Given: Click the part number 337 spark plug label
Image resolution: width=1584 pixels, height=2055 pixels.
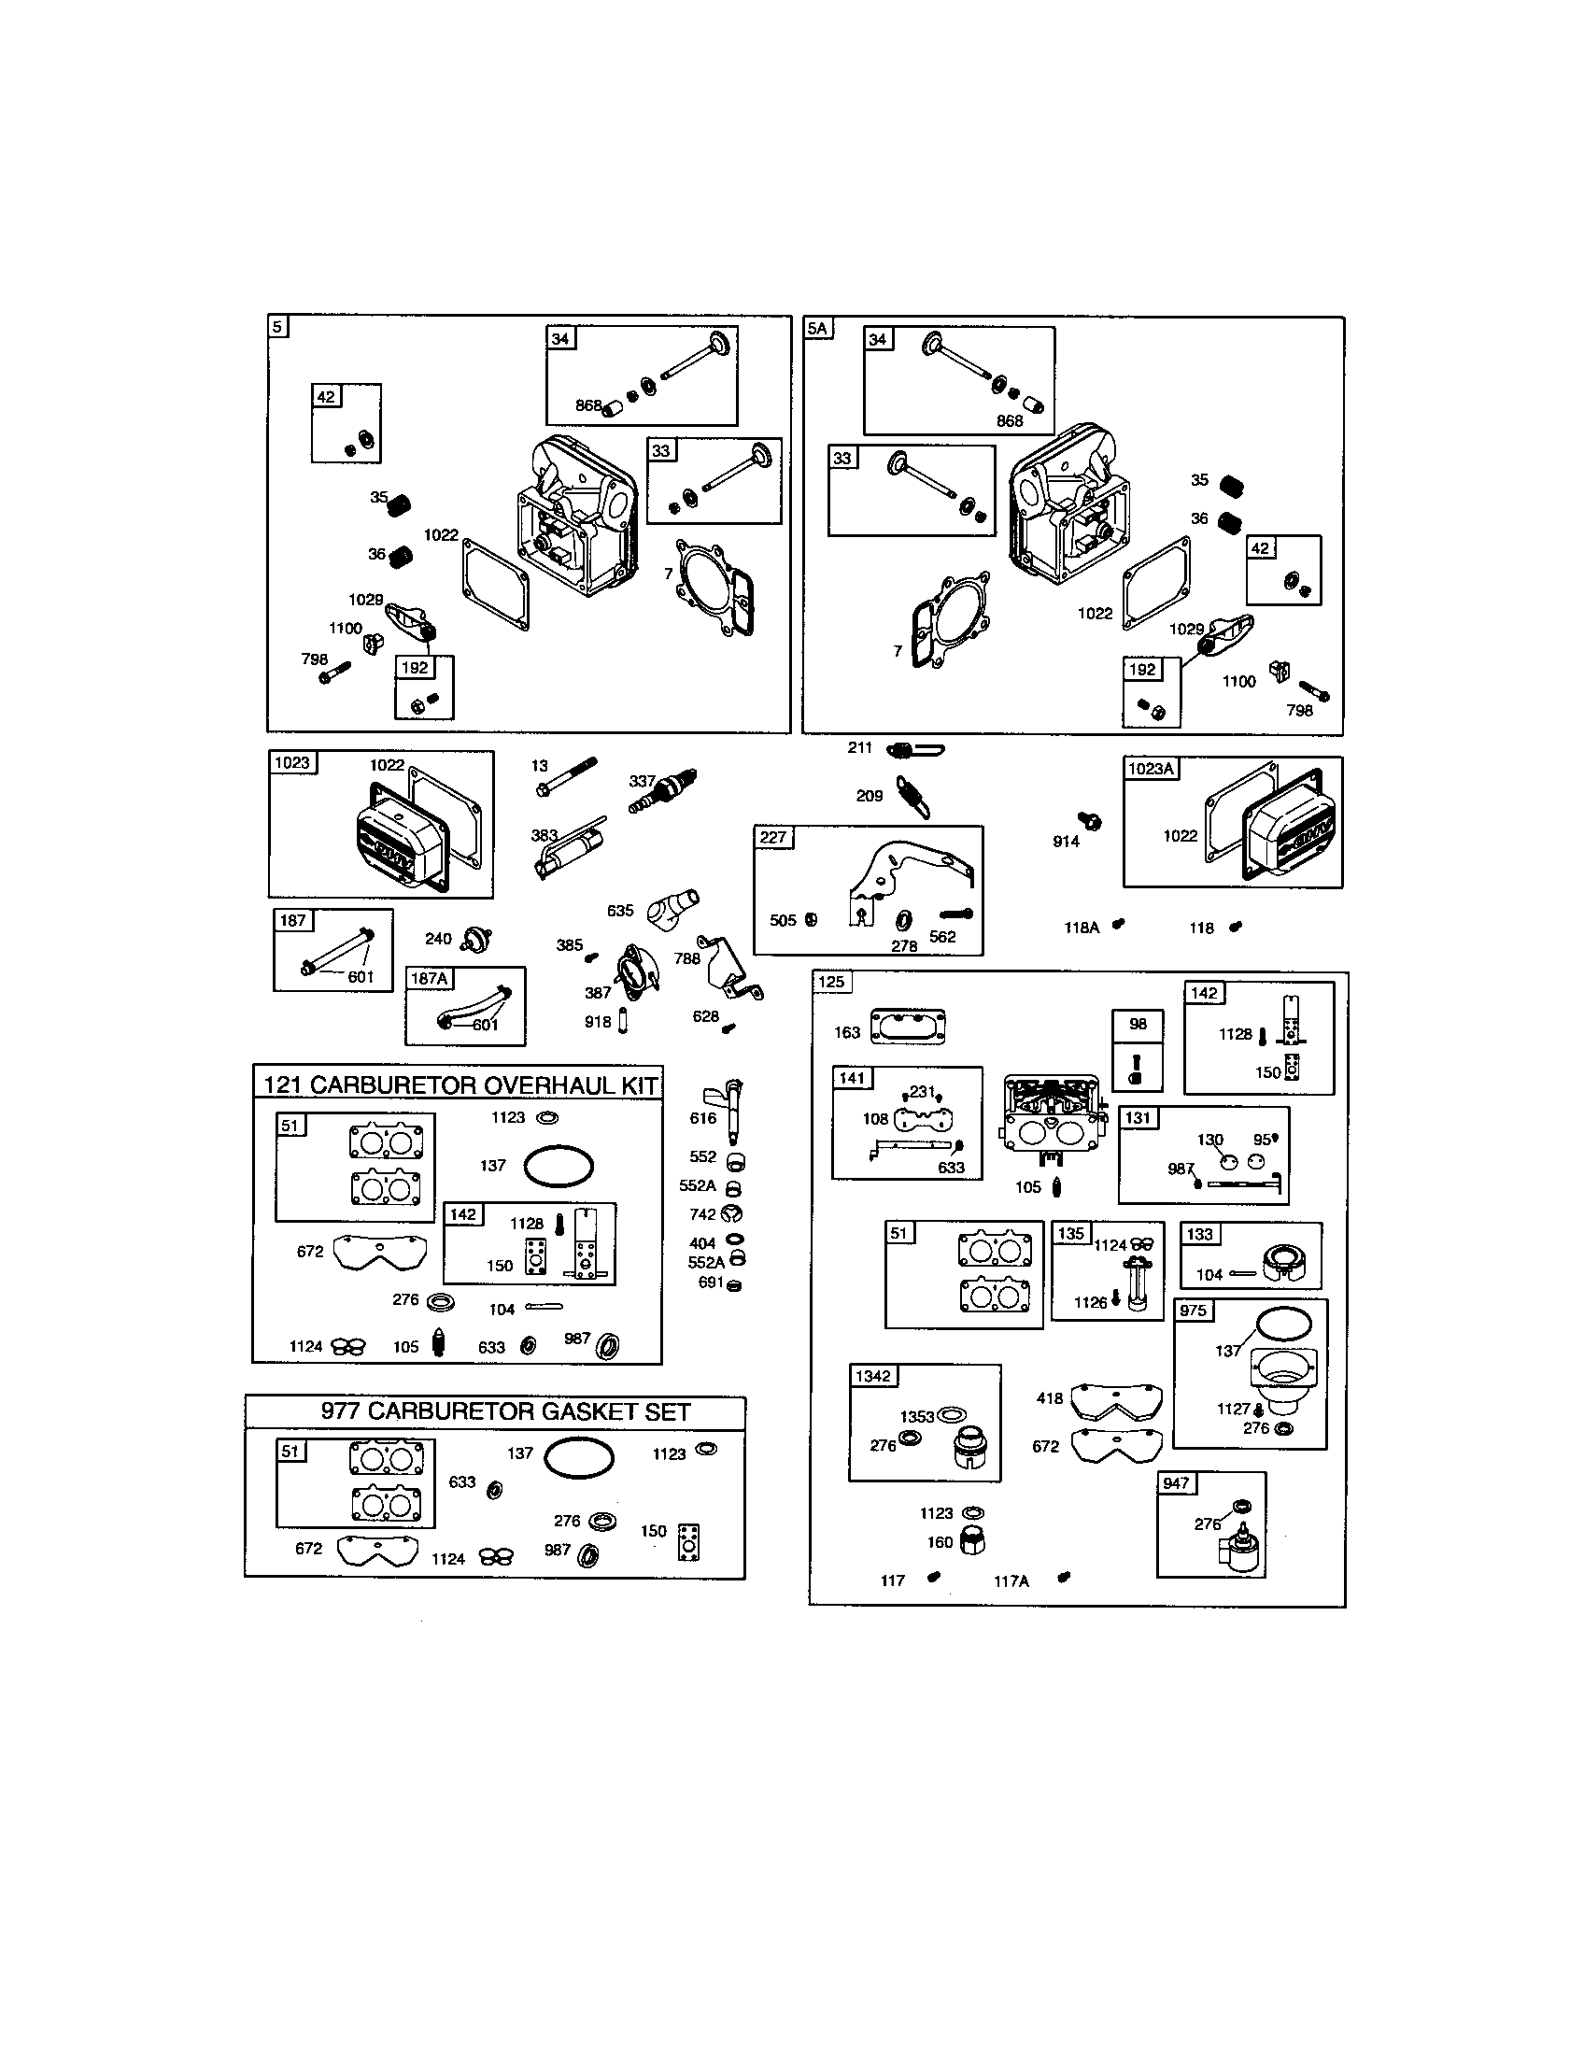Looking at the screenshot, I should [641, 781].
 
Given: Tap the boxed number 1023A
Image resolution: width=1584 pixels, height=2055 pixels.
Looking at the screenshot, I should [1151, 769].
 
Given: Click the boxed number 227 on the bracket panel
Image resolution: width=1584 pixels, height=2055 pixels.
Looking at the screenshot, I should [773, 838].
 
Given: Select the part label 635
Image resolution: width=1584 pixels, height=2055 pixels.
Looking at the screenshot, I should [620, 911].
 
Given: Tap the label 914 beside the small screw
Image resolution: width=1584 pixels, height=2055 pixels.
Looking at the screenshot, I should [1066, 842].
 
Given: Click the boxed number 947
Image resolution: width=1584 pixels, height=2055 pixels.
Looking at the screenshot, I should [1176, 1483].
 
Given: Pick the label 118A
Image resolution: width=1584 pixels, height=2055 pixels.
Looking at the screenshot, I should [1081, 928].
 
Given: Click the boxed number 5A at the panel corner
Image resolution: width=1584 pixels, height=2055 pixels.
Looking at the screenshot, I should [816, 329].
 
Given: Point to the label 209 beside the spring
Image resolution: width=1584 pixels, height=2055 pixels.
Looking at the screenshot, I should [870, 796].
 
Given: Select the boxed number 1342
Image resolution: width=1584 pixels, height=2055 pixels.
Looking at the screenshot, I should [872, 1376].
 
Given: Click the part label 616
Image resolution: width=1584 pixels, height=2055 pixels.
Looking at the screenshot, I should [702, 1118].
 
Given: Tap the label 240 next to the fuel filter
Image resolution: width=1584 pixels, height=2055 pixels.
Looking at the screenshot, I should [438, 938].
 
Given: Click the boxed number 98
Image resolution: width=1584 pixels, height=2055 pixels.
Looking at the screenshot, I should [1138, 1024].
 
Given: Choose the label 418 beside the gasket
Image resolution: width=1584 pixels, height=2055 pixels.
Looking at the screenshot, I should [1049, 1398].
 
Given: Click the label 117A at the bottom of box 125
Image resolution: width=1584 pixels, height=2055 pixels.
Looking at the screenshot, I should [1011, 1581].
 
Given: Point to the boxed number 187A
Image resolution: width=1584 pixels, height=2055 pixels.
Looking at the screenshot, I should [430, 979].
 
